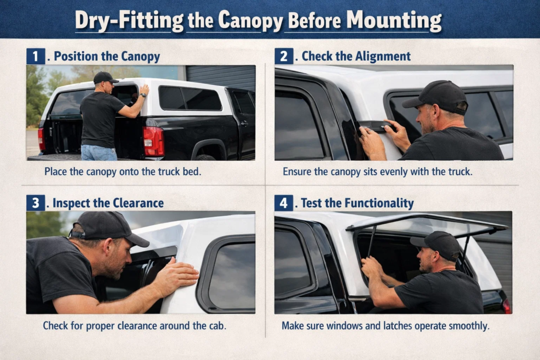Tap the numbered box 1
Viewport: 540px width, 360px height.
coord(35,56)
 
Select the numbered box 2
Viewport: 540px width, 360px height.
coord(284,56)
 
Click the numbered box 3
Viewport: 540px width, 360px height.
coord(35,202)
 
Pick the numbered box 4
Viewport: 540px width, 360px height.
coord(284,202)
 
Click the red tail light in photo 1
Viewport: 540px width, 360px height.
coord(153,141)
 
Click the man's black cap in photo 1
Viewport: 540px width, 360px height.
coord(104,77)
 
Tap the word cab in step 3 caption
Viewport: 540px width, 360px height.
coord(216,326)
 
